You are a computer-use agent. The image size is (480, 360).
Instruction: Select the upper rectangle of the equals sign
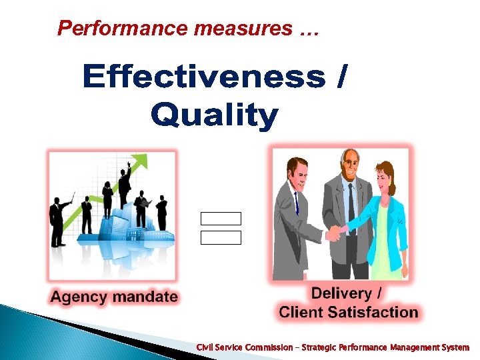221,219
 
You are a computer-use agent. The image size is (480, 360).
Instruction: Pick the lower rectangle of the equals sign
221,238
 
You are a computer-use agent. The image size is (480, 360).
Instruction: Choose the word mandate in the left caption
145,297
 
